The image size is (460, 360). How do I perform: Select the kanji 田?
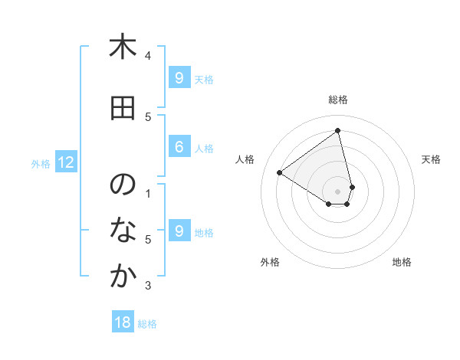pyautogui.click(x=122, y=109)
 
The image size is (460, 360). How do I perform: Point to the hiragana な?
pyautogui.click(x=122, y=231)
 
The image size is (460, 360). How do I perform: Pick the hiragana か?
pyautogui.click(x=122, y=277)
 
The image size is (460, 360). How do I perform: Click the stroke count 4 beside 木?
pyautogui.click(x=148, y=55)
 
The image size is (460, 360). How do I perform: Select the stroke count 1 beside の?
pyautogui.click(x=148, y=193)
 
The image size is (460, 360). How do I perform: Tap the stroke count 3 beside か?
pyautogui.click(x=148, y=286)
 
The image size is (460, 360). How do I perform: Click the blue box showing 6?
pyautogui.click(x=179, y=147)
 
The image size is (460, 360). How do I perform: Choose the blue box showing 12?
pyautogui.click(x=66, y=162)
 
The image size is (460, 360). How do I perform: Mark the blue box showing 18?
pyautogui.click(x=123, y=322)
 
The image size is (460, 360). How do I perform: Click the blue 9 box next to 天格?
pyautogui.click(x=179, y=78)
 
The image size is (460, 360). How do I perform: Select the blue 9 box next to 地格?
pyautogui.click(x=179, y=231)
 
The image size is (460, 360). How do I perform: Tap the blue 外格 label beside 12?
pyautogui.click(x=40, y=163)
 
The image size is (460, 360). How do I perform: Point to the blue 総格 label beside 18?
pyautogui.click(x=147, y=323)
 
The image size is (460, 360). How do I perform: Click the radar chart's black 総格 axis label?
pyautogui.click(x=338, y=100)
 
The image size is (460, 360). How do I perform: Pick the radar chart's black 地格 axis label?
pyautogui.click(x=402, y=262)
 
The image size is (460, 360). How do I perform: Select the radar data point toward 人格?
pyautogui.click(x=280, y=172)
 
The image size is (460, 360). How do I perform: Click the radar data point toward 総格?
pyautogui.click(x=338, y=130)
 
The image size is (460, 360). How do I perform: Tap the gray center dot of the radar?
pyautogui.click(x=338, y=191)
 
